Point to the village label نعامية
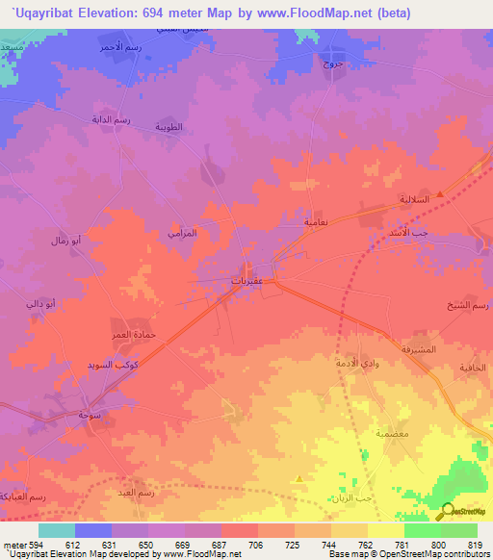pos(309,222)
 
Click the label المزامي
pos(181,234)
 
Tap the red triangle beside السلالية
pos(440,193)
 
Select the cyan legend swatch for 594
pos(57,530)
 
